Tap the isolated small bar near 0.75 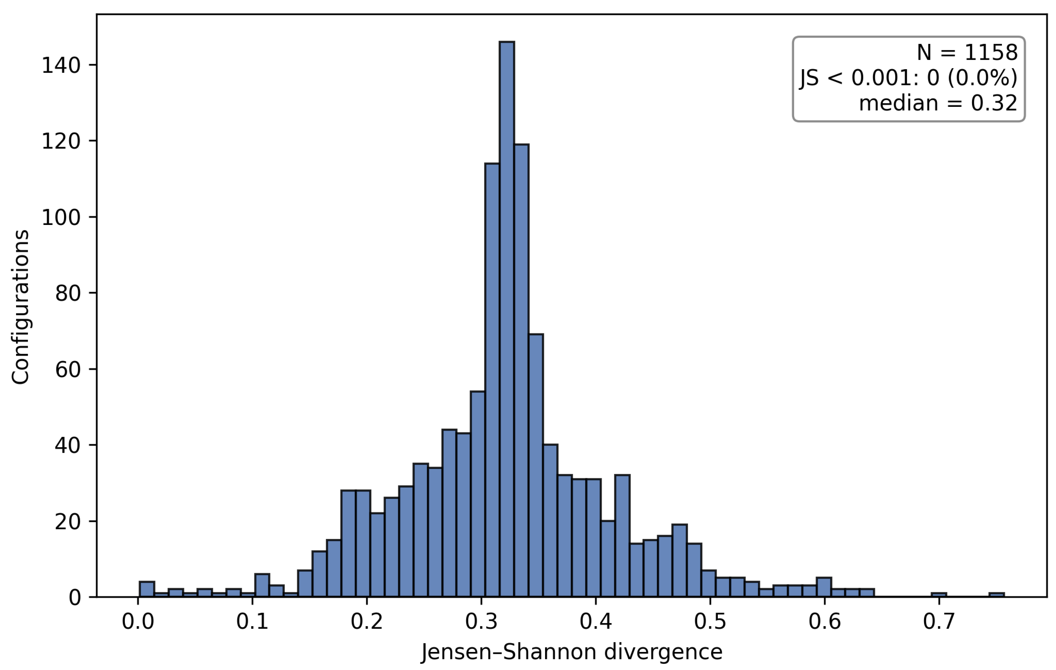[996, 595]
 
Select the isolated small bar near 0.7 [939, 595]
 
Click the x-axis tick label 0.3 [482, 621]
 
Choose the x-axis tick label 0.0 [138, 621]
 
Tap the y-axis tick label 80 [68, 293]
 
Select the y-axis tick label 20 [68, 521]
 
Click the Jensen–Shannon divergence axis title [571, 652]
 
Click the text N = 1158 [967, 53]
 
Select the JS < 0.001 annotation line [908, 78]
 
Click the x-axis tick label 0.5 [710, 621]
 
